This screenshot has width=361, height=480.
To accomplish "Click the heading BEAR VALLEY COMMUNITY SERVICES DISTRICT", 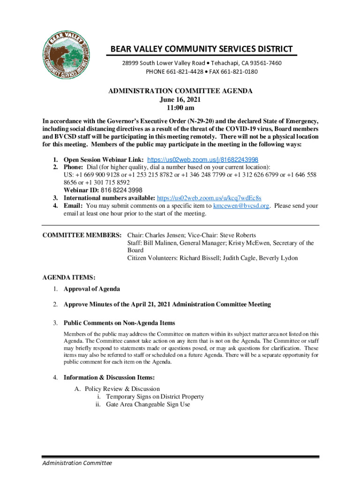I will pos(201,49).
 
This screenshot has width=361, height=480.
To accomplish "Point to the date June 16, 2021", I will pos(180,99).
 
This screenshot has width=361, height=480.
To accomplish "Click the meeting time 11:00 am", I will pos(180,108).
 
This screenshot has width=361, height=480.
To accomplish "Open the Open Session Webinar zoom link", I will pos(203,159).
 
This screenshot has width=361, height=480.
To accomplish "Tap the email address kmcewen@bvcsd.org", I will pos(241,206).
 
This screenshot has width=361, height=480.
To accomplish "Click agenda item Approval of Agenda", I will pos(91,289).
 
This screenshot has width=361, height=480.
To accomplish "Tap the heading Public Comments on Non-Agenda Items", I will pos(119,323).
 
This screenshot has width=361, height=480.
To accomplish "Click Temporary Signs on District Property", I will pos(155,397).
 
